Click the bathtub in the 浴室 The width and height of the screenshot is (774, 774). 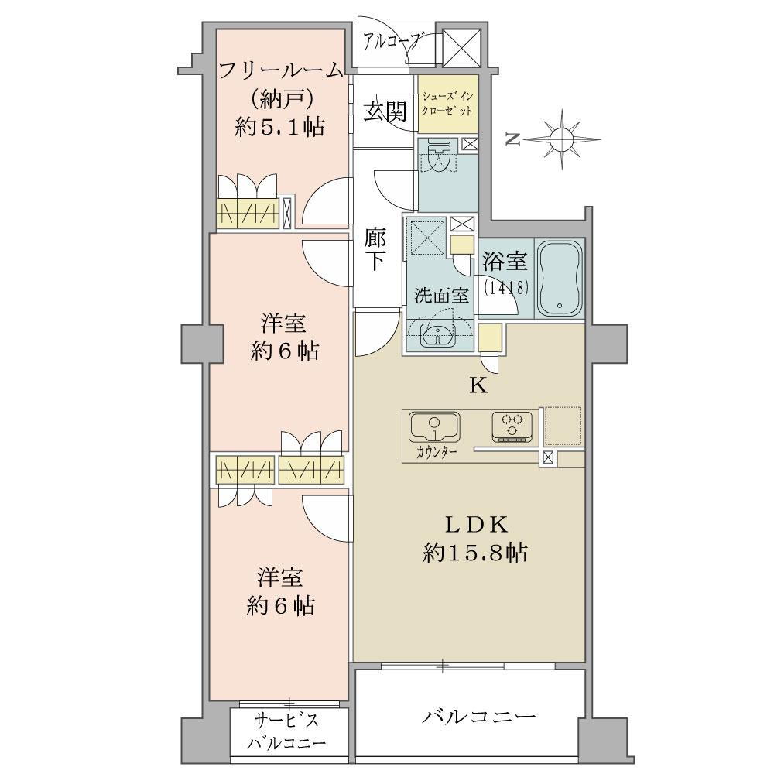560,279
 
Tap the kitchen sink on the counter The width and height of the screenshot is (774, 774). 434,427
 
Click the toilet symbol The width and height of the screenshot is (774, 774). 438,154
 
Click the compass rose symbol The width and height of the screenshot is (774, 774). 562,139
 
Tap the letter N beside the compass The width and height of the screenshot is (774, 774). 513,140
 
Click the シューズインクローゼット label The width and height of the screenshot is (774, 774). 447,103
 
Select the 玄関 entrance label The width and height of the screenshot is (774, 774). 385,111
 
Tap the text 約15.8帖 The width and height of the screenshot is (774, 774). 474,553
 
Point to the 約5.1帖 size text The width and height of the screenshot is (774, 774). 280,128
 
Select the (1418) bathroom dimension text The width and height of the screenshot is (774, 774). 507,287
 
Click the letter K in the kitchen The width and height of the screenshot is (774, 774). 478,386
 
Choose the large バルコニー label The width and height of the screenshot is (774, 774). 478,716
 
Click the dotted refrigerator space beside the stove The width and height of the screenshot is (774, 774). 563,426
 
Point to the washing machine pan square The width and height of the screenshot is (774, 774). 425,237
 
